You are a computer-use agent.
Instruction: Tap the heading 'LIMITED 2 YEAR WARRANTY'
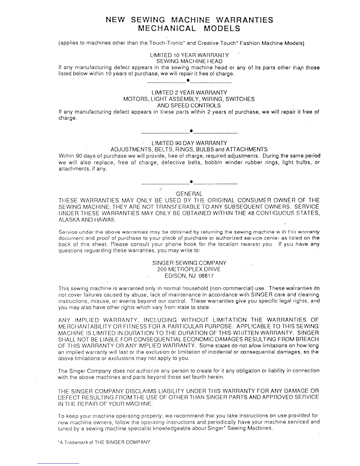[x=189, y=92]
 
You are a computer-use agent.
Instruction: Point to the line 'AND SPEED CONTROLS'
[x=189, y=105]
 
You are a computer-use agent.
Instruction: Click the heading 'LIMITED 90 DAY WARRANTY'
[x=189, y=143]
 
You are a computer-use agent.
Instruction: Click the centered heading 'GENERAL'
[x=189, y=194]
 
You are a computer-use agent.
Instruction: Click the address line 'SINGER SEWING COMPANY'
[x=189, y=263]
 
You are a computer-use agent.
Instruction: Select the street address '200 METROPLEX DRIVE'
[x=189, y=269]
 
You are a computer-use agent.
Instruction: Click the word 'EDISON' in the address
[x=175, y=276]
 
